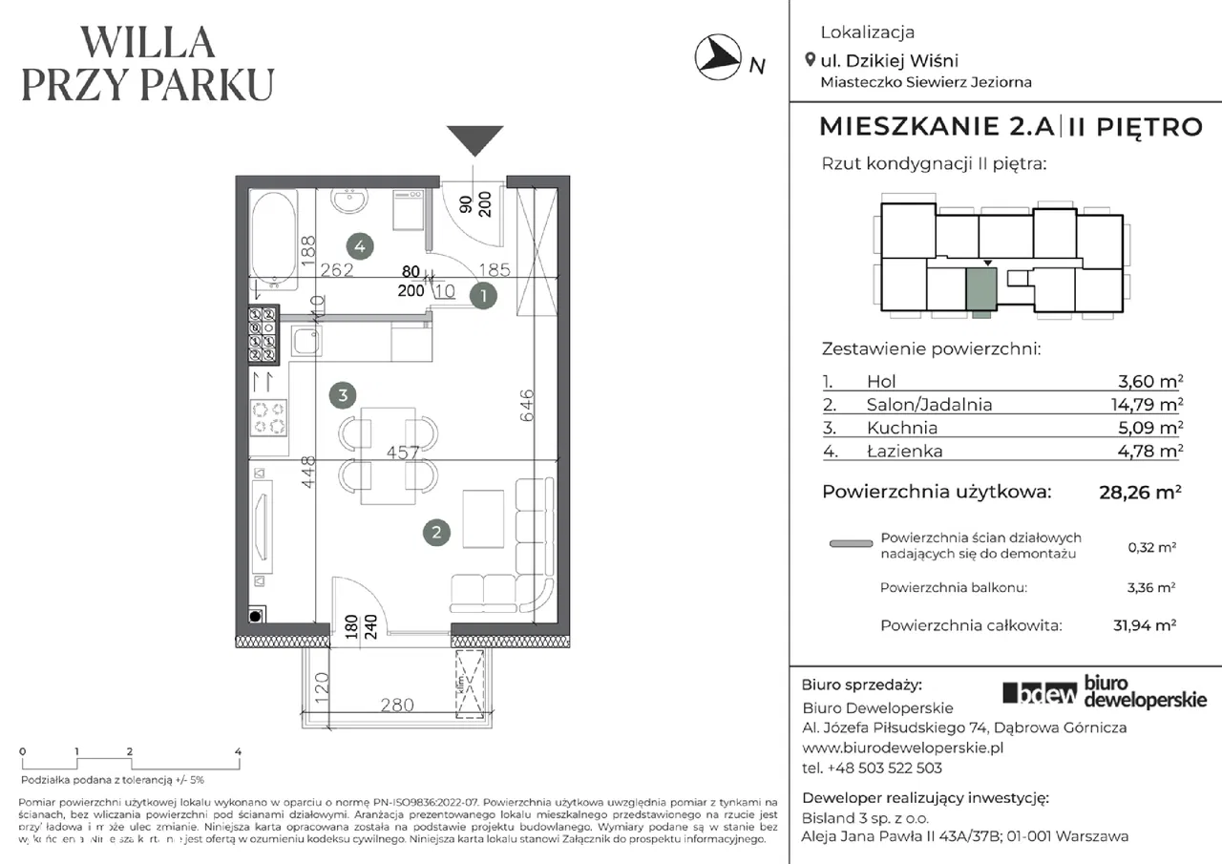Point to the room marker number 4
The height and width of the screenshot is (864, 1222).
(x=359, y=245)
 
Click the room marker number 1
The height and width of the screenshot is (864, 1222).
(x=485, y=297)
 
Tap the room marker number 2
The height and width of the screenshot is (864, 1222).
(x=436, y=534)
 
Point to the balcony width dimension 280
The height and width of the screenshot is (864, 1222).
(x=397, y=706)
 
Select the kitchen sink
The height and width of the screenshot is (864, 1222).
(x=307, y=342)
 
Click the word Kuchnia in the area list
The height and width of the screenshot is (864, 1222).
(x=901, y=428)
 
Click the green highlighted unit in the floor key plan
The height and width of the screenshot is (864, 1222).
(x=980, y=290)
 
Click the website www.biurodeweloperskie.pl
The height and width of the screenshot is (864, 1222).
(x=902, y=748)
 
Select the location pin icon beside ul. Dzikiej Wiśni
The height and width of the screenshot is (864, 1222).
(x=811, y=60)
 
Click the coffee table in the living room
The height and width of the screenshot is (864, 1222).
(x=482, y=516)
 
